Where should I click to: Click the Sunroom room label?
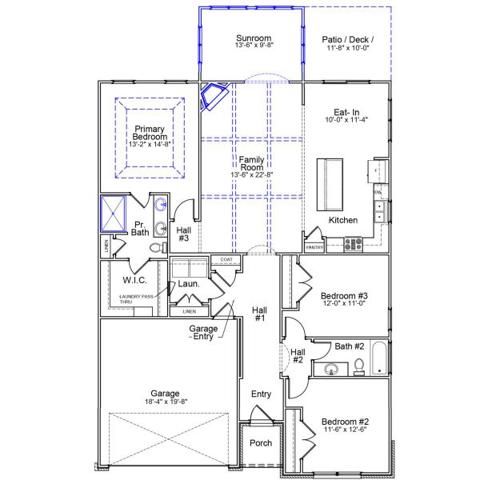pyautogui.click(x=254, y=38)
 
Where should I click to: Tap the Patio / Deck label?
pyautogui.click(x=347, y=39)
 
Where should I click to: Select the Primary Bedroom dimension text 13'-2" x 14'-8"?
pyautogui.click(x=150, y=146)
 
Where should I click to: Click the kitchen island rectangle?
pyautogui.click(x=329, y=183)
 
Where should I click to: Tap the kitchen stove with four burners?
pyautogui.click(x=353, y=245)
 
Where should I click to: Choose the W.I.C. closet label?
pyautogui.click(x=133, y=280)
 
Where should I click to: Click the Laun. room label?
pyautogui.click(x=187, y=283)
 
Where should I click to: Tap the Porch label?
pyautogui.click(x=261, y=442)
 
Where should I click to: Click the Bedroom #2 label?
pyautogui.click(x=345, y=422)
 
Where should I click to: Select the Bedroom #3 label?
pyautogui.click(x=345, y=294)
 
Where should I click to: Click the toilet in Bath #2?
pyautogui.click(x=359, y=366)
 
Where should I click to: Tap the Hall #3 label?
pyautogui.click(x=183, y=234)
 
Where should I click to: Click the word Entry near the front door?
pyautogui.click(x=261, y=394)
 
